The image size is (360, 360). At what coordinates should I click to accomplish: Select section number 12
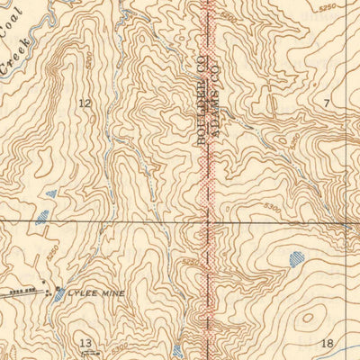tap(85, 103)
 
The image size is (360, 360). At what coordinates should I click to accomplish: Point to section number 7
tap(327, 104)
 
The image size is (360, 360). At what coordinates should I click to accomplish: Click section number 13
tap(85, 343)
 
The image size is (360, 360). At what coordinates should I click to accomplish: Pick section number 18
tap(327, 343)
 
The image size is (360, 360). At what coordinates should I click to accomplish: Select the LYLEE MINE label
tap(96, 293)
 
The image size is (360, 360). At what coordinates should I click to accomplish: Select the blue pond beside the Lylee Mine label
tap(58, 293)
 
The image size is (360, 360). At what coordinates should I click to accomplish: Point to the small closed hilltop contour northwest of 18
tap(311, 317)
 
